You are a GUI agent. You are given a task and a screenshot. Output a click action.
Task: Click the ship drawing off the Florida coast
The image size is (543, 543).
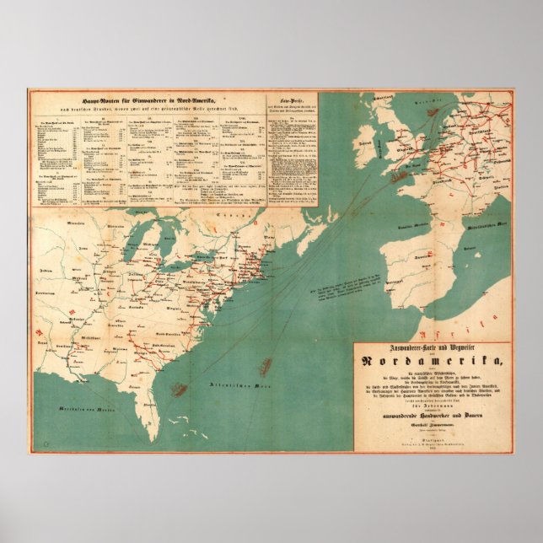[179, 389]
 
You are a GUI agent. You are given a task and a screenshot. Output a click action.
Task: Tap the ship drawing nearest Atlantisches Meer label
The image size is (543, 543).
[266, 365]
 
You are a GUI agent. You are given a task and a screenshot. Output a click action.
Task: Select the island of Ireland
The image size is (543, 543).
[368, 144]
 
